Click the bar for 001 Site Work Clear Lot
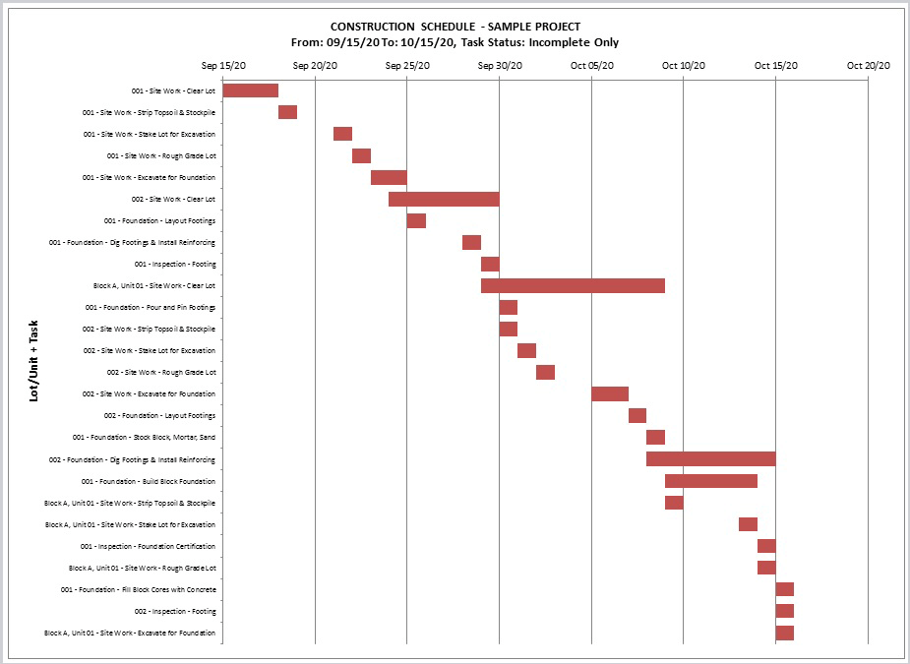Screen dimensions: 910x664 (251, 91)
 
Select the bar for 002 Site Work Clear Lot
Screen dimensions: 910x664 (444, 199)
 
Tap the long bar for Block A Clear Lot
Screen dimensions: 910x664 (573, 285)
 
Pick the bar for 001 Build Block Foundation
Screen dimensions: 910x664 (711, 481)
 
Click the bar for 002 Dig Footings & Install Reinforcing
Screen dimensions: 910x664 (711, 459)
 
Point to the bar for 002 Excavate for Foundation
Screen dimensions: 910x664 (610, 394)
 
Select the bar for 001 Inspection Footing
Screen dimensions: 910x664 (490, 264)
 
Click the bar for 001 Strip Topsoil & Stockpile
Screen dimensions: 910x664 (288, 112)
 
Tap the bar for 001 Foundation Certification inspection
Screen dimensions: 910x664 (766, 546)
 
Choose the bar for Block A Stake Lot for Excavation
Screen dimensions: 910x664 (748, 524)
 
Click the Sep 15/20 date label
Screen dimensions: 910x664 (223, 66)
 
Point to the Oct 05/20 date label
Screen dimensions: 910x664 (592, 66)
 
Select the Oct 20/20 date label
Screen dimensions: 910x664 (869, 66)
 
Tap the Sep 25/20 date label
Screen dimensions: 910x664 (407, 66)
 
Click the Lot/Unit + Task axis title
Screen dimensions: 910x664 (33, 361)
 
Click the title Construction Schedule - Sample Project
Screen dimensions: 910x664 (455, 27)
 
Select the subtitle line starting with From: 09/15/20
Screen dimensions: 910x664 (455, 42)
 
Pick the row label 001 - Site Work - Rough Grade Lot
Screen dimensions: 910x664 (161, 156)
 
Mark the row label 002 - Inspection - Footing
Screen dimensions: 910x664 (175, 611)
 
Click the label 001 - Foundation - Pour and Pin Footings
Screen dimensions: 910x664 (151, 308)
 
